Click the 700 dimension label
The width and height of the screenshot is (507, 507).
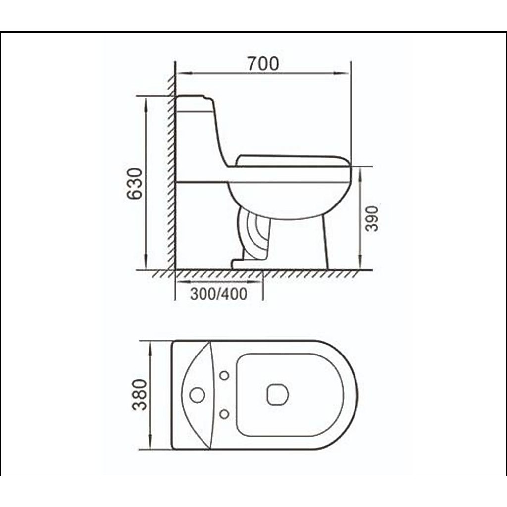click(263, 64)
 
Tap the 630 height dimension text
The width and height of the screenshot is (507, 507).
click(134, 183)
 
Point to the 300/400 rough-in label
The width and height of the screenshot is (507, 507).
click(218, 294)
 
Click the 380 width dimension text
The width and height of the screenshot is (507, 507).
click(140, 395)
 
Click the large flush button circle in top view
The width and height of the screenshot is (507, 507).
click(197, 395)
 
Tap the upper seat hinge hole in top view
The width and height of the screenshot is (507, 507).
click(224, 375)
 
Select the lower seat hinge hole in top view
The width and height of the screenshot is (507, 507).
click(224, 414)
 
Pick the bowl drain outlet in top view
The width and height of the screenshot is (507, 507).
click(277, 395)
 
